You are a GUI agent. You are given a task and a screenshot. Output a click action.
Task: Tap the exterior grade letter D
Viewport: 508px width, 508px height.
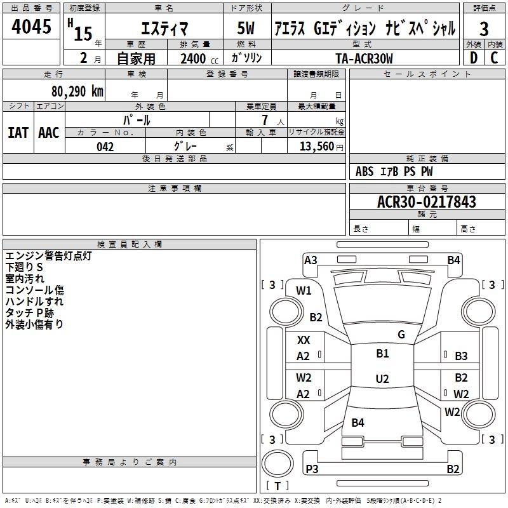point(473,58)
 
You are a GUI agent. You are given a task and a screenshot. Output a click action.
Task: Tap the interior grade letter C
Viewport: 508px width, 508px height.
point(494,58)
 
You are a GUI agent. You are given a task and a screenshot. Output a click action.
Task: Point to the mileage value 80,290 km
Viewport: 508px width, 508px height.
point(74,91)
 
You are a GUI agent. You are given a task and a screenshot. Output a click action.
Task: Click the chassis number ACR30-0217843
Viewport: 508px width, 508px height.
point(427,202)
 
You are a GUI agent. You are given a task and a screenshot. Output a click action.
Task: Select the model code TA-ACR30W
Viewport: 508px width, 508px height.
point(364,58)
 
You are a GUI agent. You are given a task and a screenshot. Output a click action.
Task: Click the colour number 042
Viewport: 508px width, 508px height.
point(105,147)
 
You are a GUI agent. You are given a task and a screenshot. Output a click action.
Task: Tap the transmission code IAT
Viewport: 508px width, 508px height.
point(18,132)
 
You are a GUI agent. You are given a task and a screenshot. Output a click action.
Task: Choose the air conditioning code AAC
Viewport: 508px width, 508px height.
point(49,132)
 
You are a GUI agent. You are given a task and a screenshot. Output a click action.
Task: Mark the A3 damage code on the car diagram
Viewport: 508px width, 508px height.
point(311,260)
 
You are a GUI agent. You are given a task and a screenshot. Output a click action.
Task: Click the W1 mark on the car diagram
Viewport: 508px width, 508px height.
point(304,291)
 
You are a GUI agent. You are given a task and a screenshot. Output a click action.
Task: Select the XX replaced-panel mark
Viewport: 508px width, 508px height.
point(304,340)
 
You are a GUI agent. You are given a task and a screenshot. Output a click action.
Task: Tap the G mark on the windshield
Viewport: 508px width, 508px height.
point(401,335)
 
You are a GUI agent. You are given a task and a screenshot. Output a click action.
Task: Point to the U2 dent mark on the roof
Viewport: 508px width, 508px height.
point(382,379)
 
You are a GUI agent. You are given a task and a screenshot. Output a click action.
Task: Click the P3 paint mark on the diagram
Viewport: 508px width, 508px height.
point(312,469)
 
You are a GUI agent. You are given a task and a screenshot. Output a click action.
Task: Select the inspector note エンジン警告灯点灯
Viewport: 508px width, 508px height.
point(49,256)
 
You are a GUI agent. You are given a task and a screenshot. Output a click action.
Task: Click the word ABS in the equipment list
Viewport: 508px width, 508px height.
point(364,171)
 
